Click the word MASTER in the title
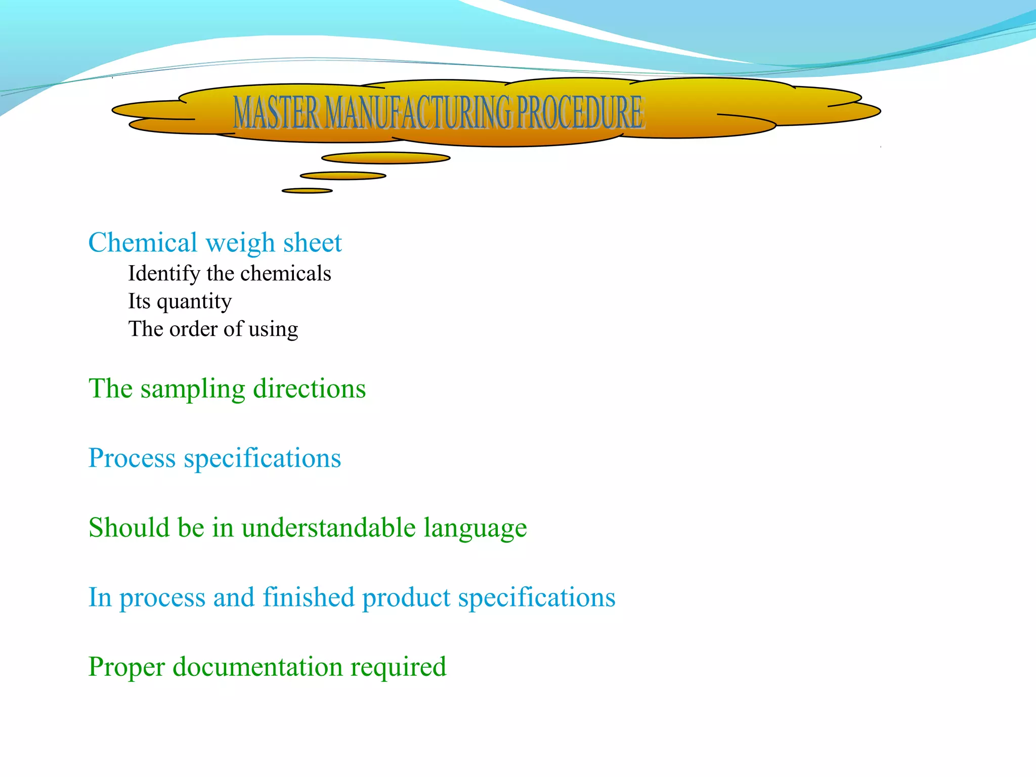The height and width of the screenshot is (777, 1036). tap(276, 112)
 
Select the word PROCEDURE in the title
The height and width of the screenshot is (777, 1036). tap(580, 112)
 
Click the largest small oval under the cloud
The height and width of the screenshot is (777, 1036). tap(386, 158)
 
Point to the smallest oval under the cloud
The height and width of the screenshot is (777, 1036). tap(307, 191)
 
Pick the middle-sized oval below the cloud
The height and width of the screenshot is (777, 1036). tap(343, 176)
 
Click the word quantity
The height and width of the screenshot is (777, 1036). tap(194, 302)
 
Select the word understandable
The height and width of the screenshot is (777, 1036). tap(329, 528)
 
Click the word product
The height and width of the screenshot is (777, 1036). tap(406, 598)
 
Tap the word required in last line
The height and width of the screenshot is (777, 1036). tap(399, 668)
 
